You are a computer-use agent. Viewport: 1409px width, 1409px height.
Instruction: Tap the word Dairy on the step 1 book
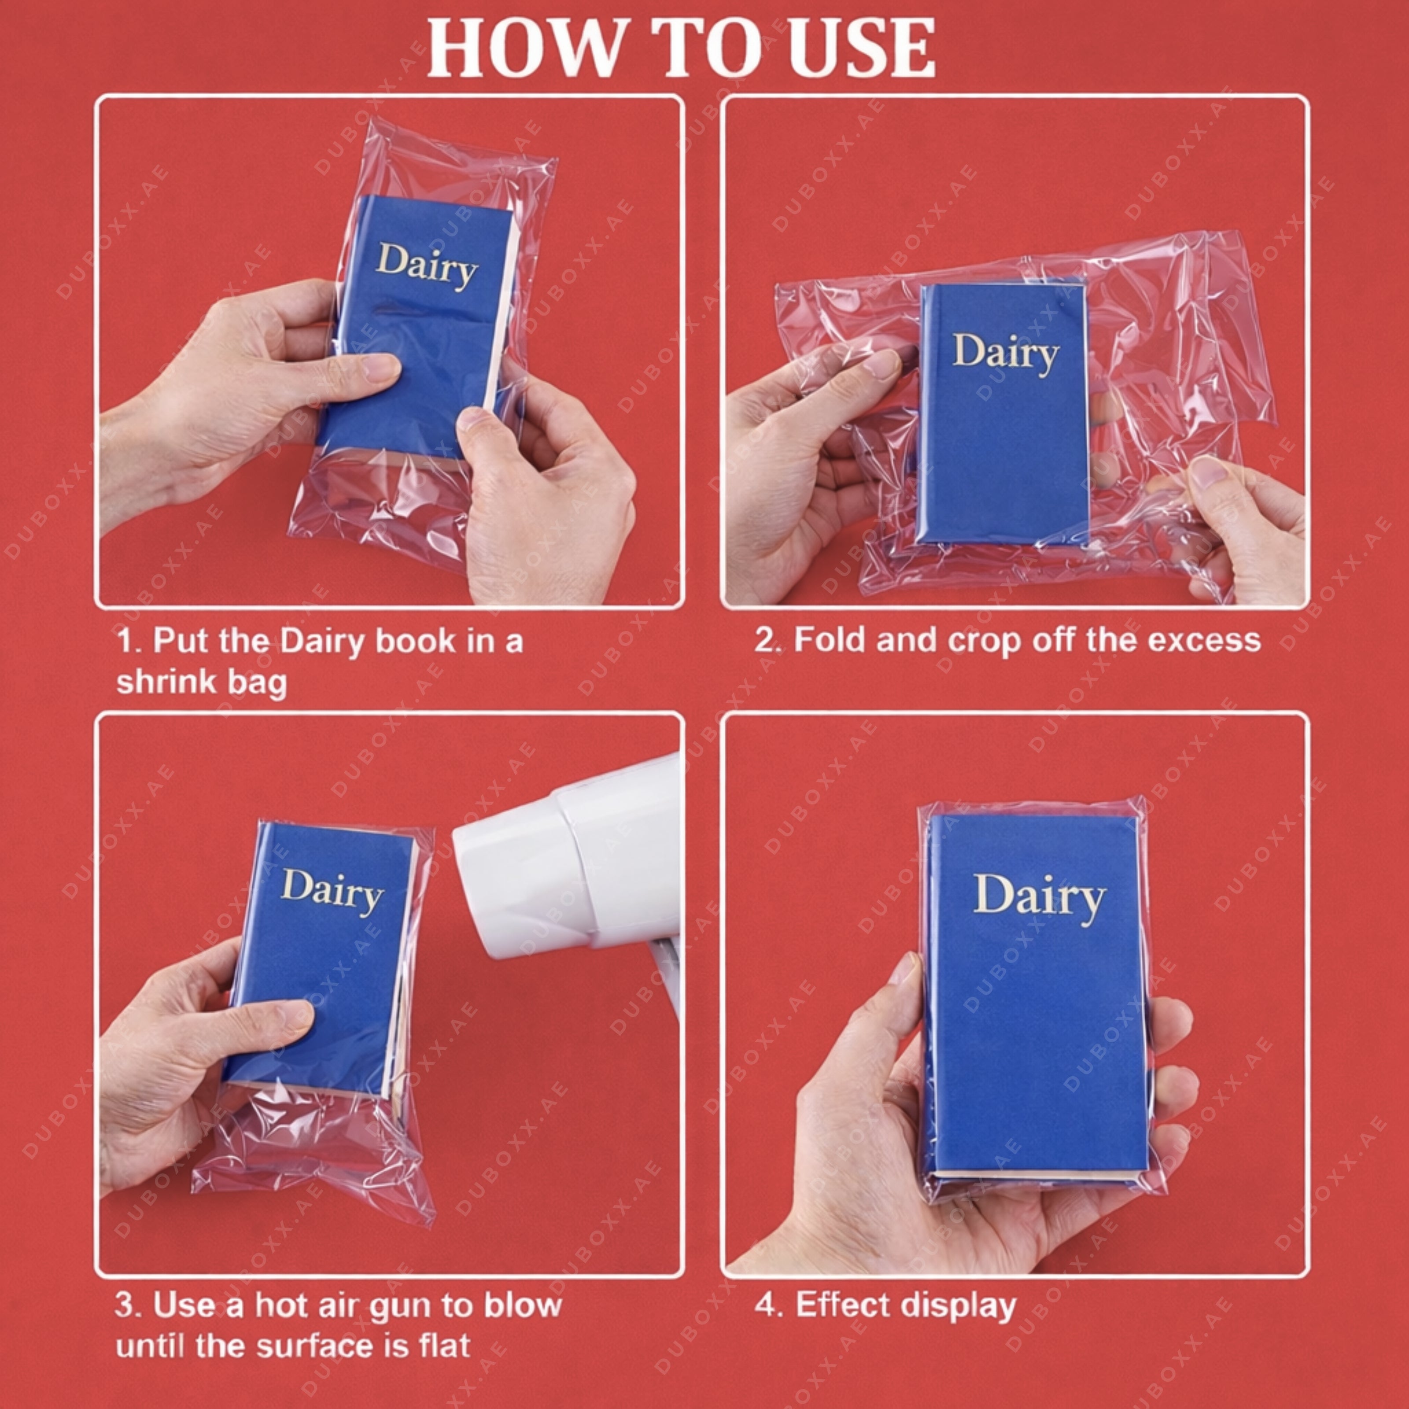pyautogui.click(x=427, y=266)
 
